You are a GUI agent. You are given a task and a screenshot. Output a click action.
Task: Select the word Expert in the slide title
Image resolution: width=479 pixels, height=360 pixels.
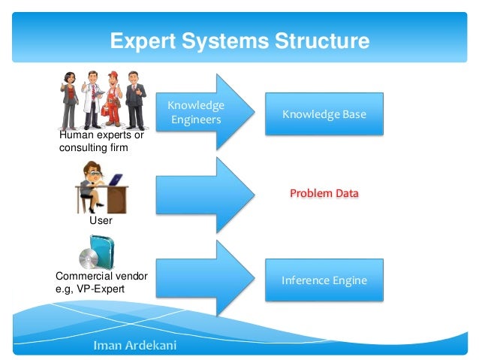pyautogui.click(x=141, y=41)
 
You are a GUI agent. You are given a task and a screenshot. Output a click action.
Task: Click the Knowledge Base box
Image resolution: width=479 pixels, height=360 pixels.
pyautogui.click(x=324, y=114)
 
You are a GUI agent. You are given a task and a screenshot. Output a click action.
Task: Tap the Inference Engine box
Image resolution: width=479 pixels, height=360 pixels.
pyautogui.click(x=324, y=280)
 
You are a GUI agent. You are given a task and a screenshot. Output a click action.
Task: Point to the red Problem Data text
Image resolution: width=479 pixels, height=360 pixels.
pyautogui.click(x=324, y=194)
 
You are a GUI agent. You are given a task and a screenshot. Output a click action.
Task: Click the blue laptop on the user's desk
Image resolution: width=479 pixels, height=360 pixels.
pyautogui.click(x=115, y=180)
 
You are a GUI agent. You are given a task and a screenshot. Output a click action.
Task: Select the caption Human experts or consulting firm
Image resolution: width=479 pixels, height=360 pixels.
pyautogui.click(x=101, y=141)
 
